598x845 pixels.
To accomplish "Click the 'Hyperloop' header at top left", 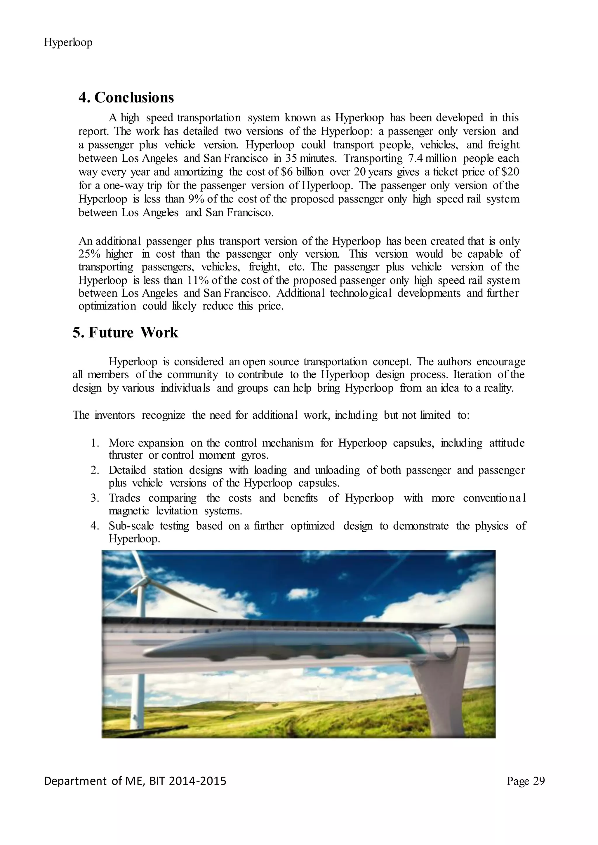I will [x=68, y=43].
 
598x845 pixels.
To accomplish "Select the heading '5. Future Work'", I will [x=125, y=333].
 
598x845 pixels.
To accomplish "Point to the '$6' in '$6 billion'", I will [x=286, y=172].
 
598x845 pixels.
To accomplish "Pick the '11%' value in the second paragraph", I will [x=198, y=280].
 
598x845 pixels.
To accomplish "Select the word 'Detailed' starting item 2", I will [x=127, y=470].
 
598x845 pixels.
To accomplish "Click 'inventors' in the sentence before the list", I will [x=114, y=415].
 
